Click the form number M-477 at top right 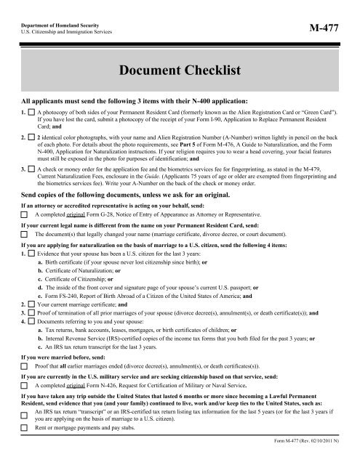326,29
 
